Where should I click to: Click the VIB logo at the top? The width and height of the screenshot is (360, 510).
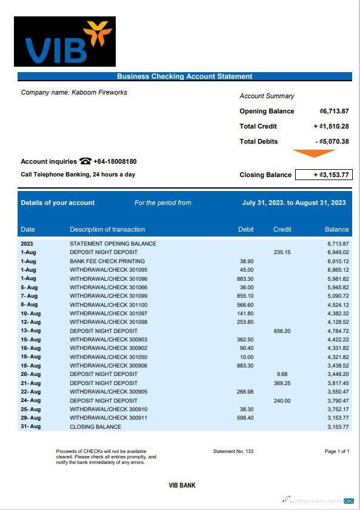(x=64, y=42)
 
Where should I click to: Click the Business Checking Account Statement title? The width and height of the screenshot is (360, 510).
(x=184, y=76)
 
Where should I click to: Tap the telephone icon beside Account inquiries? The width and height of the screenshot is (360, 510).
(x=85, y=161)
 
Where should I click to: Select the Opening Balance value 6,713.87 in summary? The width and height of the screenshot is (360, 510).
(x=334, y=111)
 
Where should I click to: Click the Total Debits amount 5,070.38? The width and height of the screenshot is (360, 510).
(x=332, y=141)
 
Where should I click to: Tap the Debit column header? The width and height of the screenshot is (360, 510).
(x=245, y=229)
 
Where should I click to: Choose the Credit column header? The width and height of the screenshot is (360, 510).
(x=282, y=229)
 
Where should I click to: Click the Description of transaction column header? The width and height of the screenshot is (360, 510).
(x=107, y=229)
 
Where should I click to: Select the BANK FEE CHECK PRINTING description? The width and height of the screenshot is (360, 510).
(x=104, y=261)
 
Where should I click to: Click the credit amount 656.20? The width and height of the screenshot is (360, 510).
(x=282, y=331)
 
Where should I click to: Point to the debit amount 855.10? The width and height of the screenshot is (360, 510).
(x=245, y=296)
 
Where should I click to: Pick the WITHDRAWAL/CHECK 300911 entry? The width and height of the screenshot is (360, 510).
(x=108, y=418)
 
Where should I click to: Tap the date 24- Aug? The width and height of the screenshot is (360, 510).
(x=30, y=400)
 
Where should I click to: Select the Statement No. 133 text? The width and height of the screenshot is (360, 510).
(x=233, y=452)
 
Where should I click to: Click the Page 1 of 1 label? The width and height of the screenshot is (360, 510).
(x=338, y=452)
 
